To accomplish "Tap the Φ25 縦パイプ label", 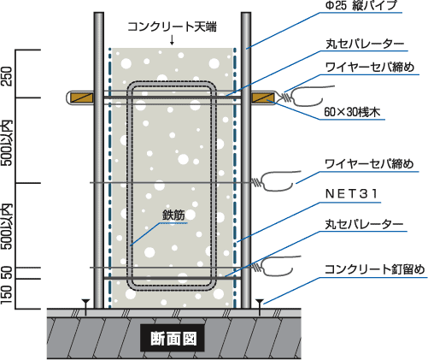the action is (x=361, y=6).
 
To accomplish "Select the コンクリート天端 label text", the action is (x=172, y=27).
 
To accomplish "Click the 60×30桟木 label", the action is (x=352, y=112).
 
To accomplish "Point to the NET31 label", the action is (x=351, y=194).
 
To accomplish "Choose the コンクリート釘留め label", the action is (x=374, y=269).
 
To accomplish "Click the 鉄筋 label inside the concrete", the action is (x=173, y=215).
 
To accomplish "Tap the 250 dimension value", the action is (x=7, y=76).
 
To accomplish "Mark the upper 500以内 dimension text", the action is (x=7, y=143).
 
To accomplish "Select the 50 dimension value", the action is (x=8, y=273).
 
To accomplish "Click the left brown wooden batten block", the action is (x=82, y=97).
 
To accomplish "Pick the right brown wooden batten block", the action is (x=263, y=97).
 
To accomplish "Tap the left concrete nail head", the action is (x=85, y=301).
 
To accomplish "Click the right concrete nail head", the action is (x=260, y=301).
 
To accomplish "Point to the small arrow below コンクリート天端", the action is (x=172, y=40).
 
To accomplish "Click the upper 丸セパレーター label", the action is (x=365, y=44).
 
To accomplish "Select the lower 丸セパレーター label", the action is (x=364, y=225).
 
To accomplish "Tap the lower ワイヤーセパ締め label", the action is (x=369, y=164).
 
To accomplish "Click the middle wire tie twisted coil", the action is (x=256, y=182).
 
